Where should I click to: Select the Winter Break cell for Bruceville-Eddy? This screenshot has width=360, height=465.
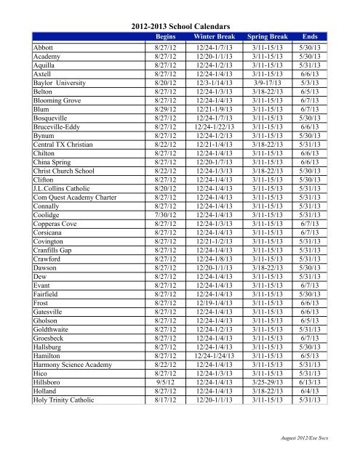coord(211,145)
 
